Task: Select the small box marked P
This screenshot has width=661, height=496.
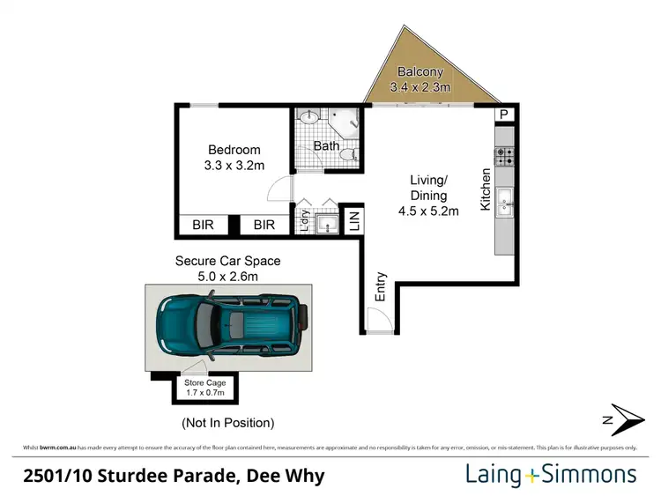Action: click(x=505, y=115)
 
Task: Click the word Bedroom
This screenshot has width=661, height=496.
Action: click(x=234, y=149)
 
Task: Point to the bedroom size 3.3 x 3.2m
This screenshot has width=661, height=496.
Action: click(x=234, y=165)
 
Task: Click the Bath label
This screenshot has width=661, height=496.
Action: click(x=326, y=146)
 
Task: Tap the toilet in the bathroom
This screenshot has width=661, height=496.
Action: click(x=352, y=155)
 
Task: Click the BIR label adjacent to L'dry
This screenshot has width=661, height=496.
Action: click(x=264, y=226)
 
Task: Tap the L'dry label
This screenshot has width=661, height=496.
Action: click(x=305, y=219)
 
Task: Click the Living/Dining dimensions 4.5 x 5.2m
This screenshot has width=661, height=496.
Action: click(x=428, y=211)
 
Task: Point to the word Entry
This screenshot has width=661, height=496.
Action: click(x=381, y=287)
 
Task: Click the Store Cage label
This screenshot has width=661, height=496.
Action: click(x=204, y=383)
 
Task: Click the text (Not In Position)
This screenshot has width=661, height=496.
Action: click(x=227, y=423)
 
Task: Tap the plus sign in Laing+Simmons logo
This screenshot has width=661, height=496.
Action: click(x=531, y=476)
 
